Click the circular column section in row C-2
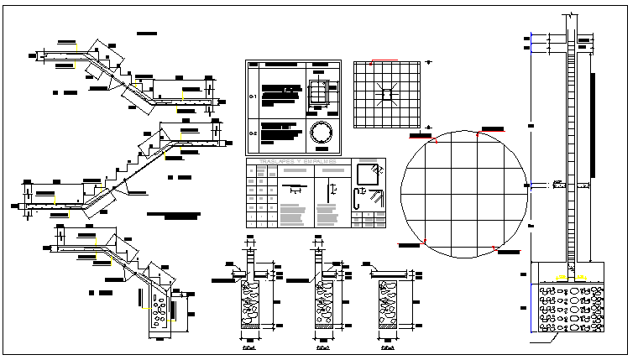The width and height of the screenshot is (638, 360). tap(322, 133)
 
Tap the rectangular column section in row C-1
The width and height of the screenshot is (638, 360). tap(320, 95)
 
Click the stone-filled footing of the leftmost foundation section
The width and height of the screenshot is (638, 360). tap(253, 306)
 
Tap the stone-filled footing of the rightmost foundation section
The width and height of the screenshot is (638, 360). tap(389, 306)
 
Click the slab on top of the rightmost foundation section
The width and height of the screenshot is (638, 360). tap(389, 274)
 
